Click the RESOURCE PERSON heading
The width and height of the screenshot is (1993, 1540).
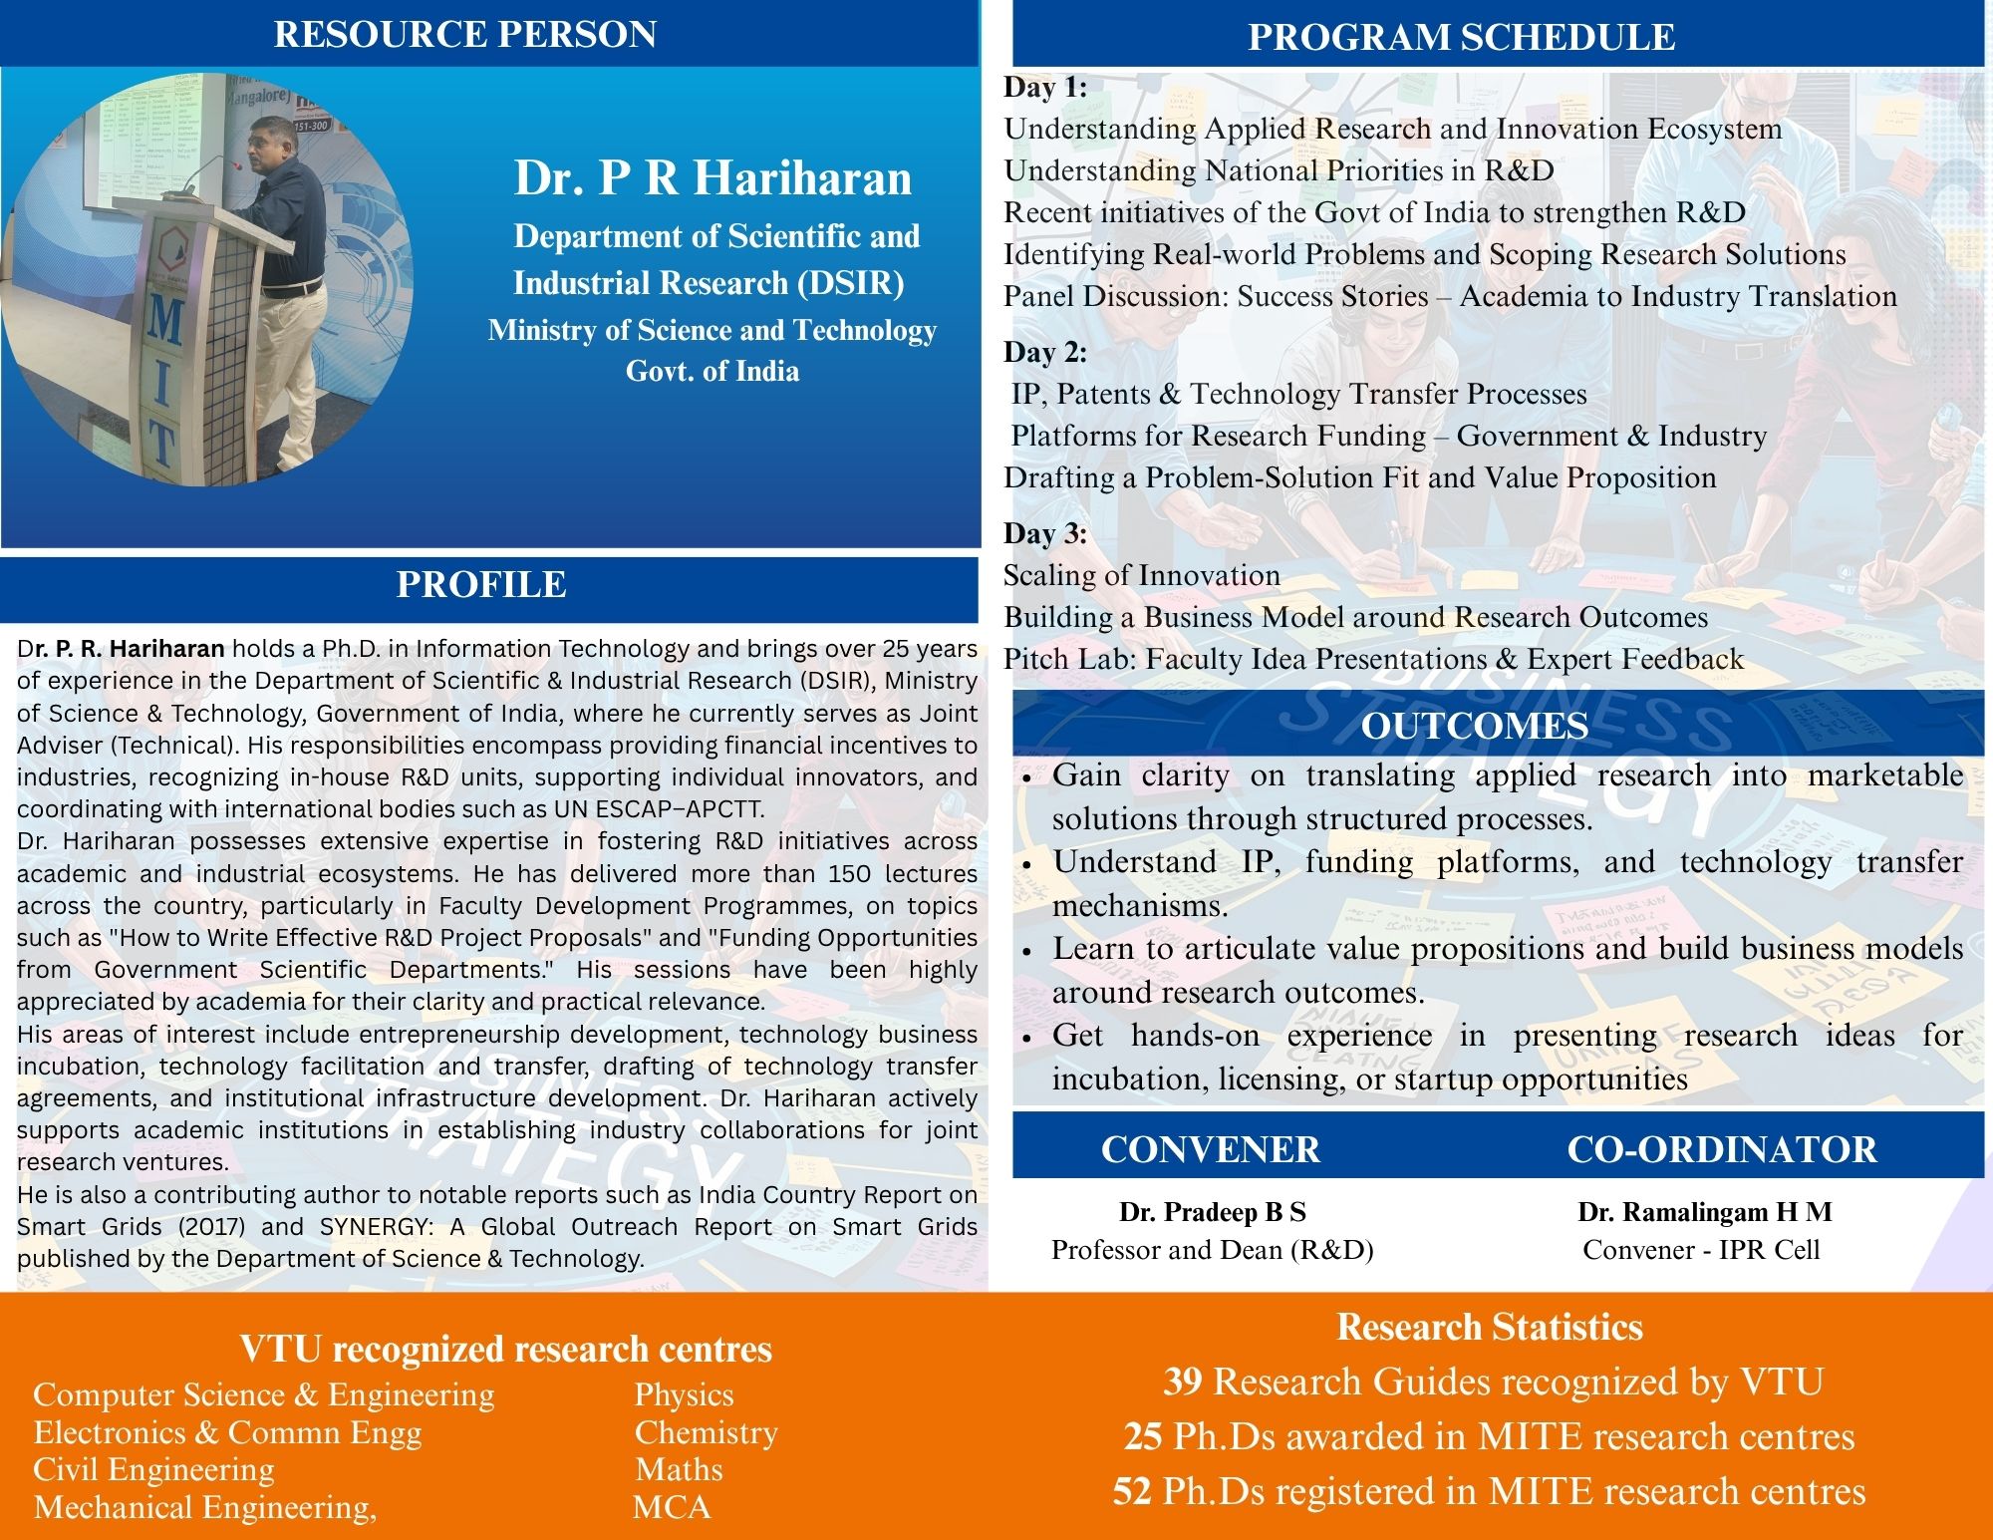coord(465,34)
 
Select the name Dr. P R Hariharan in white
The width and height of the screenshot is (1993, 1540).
coord(712,177)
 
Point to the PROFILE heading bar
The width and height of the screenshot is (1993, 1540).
coord(481,584)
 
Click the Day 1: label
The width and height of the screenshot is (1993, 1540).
coord(1045,88)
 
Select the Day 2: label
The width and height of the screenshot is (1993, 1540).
coord(1045,352)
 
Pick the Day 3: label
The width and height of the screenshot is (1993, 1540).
coord(1045,533)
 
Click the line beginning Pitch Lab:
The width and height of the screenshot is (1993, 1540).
coord(1373,659)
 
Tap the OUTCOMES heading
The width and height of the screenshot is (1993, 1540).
coord(1475,726)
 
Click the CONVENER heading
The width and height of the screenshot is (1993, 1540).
coord(1210,1149)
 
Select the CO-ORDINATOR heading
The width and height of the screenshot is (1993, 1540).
coord(1721,1149)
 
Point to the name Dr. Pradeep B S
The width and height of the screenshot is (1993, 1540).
coord(1212,1212)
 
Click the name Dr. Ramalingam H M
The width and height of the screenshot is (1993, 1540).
coord(1704,1212)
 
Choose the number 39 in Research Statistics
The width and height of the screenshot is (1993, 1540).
coord(1183,1382)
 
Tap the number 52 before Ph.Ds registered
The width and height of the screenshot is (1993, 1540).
coord(1132,1491)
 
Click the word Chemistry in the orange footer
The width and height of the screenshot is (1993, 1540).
coord(706,1432)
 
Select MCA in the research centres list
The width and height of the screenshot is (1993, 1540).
coord(672,1506)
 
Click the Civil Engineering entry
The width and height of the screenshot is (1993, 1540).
coord(153,1469)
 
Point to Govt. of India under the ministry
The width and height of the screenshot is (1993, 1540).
coord(712,371)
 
